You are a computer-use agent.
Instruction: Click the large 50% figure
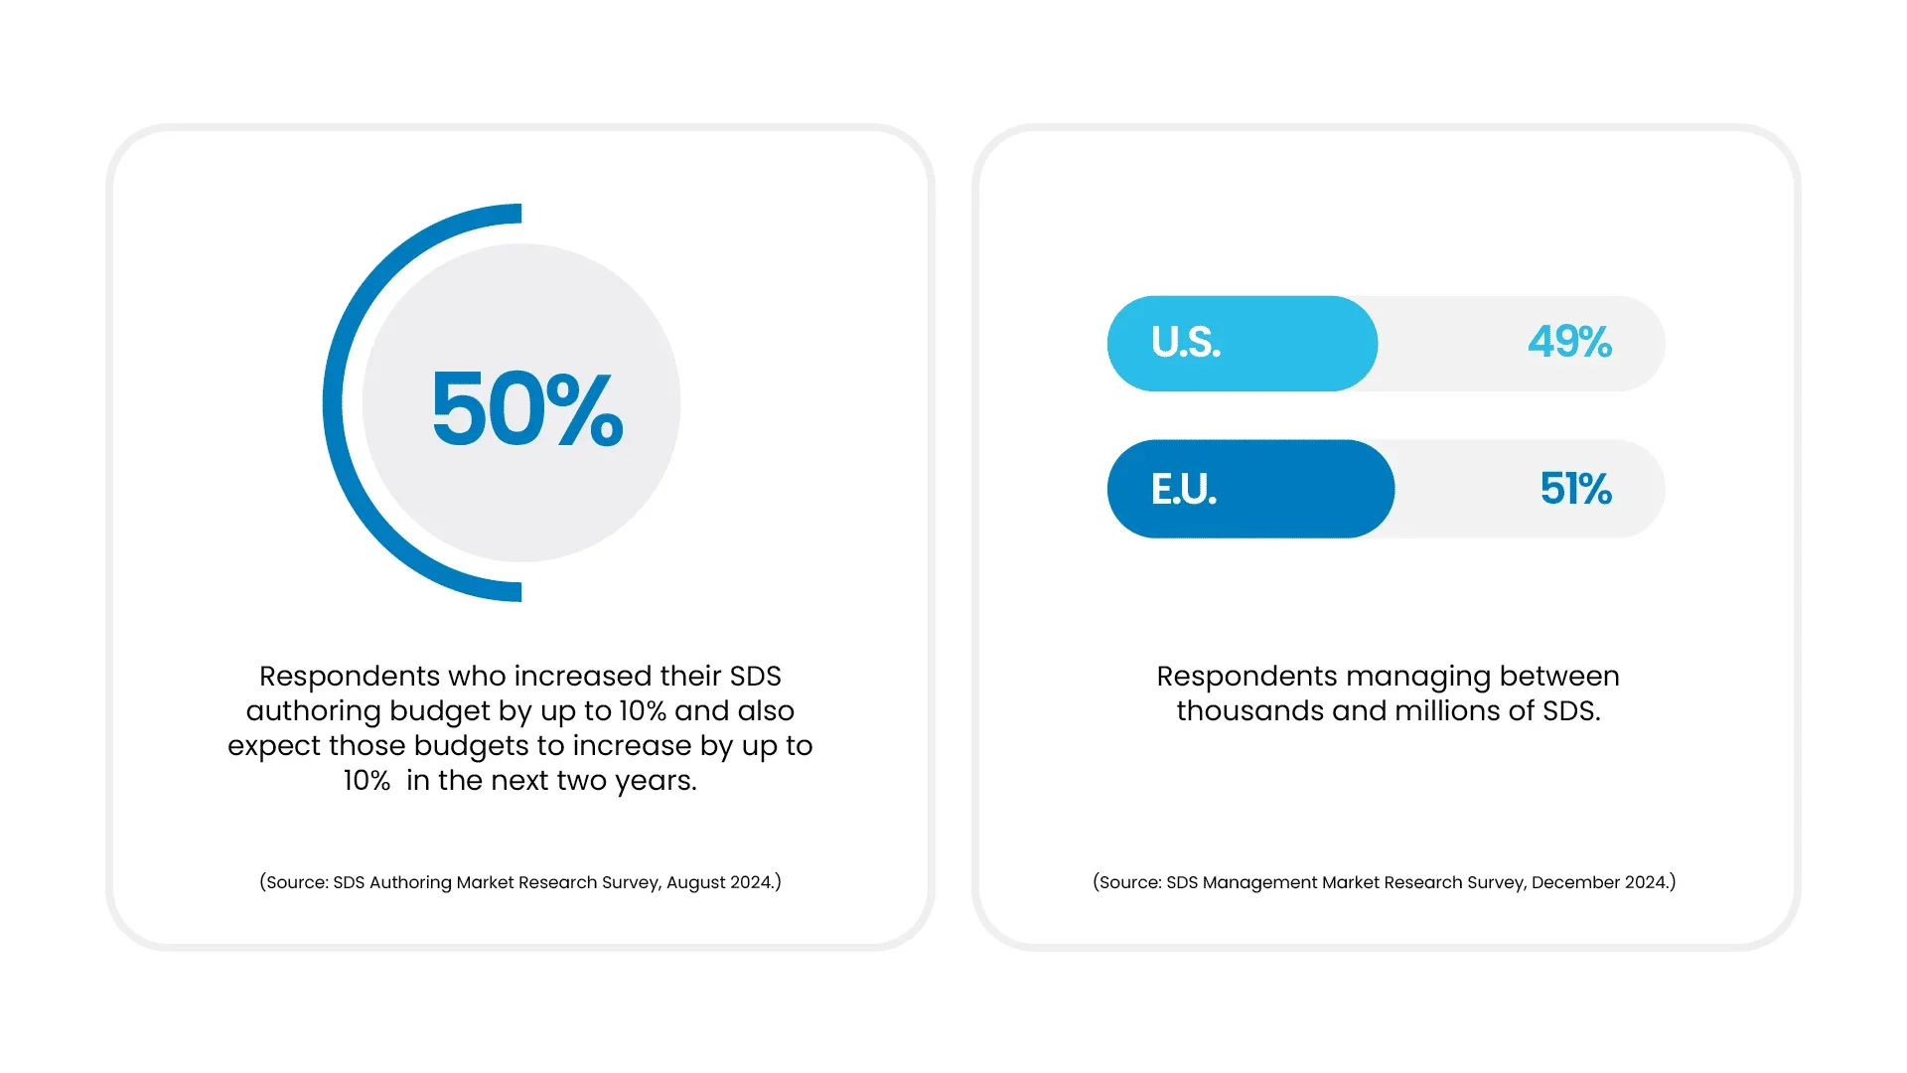527,408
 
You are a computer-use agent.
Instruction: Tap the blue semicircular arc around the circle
334,402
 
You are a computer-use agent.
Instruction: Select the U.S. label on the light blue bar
1186,343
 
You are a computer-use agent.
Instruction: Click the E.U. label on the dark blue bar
1184,489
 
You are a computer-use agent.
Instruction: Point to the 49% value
1569,343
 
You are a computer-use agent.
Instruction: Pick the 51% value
1575,489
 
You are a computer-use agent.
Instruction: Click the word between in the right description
1559,677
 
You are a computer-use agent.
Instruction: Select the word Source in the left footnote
295,882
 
